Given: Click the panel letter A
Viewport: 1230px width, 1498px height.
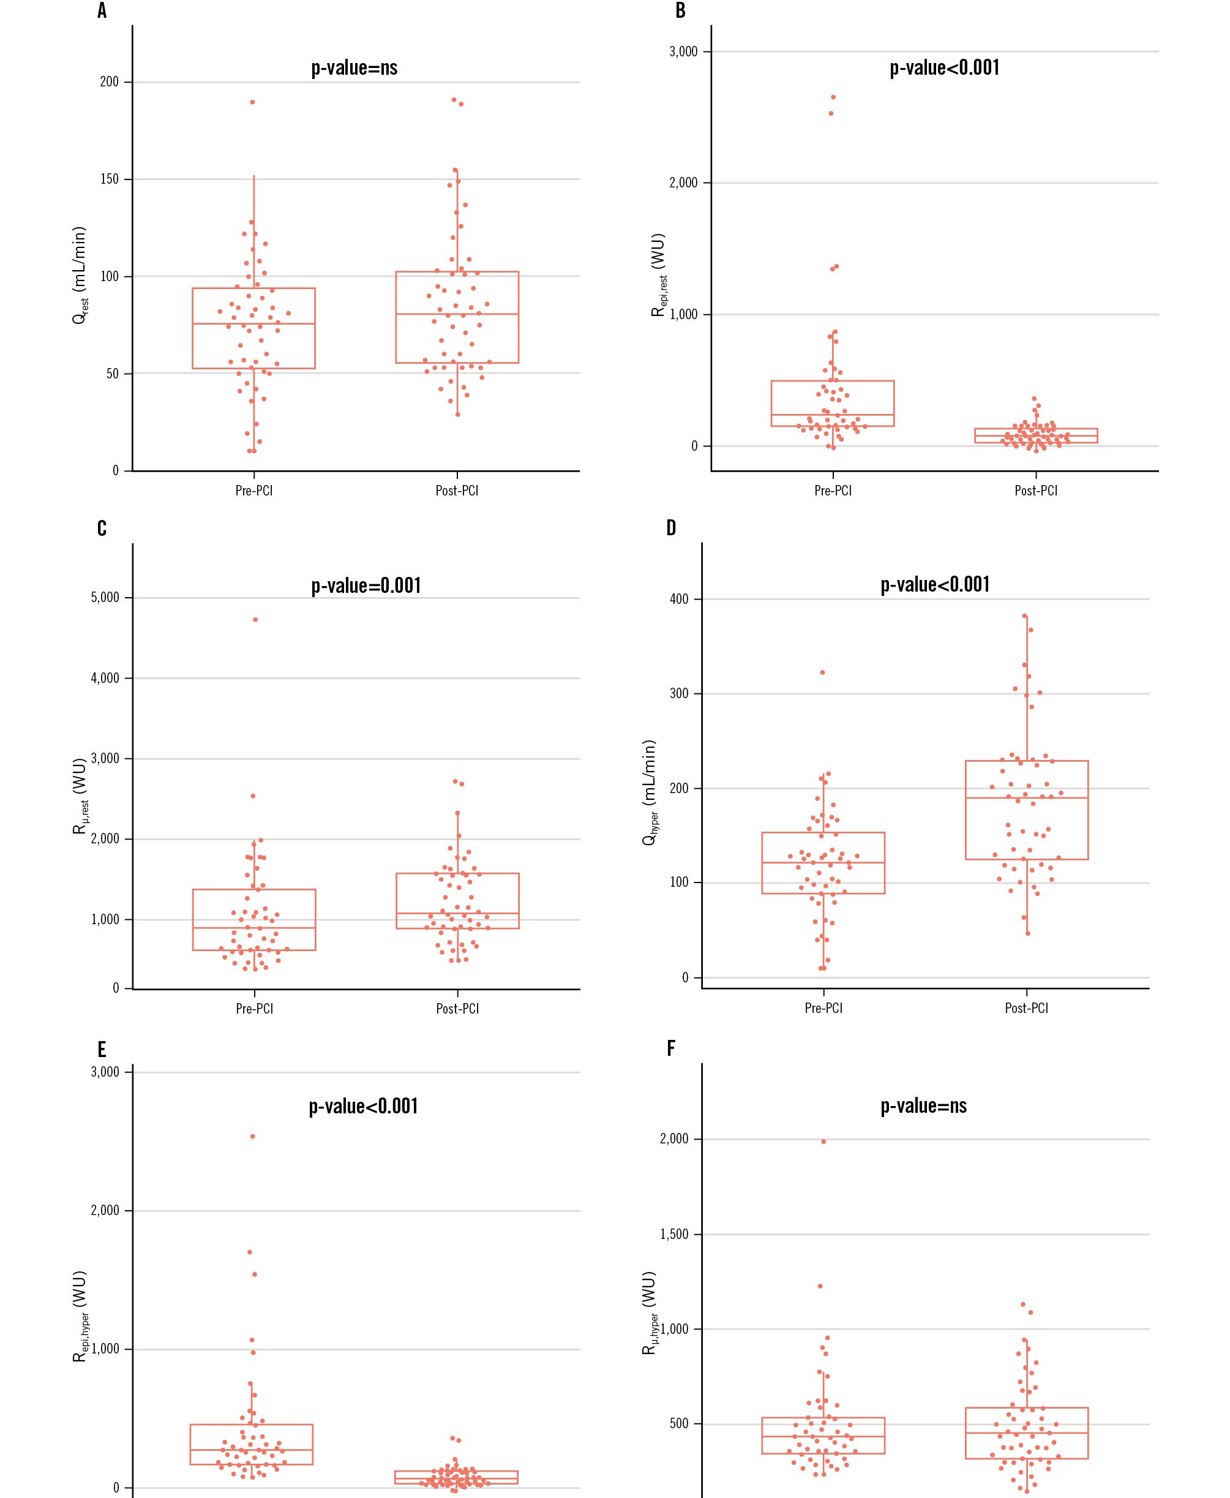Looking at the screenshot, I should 102,12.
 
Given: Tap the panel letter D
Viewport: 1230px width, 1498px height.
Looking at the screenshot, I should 672,528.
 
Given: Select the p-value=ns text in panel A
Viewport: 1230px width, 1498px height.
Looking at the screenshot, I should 354,68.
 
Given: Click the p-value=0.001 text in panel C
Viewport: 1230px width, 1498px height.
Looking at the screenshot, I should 366,585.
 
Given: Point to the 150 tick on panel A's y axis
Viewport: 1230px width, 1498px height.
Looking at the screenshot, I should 109,179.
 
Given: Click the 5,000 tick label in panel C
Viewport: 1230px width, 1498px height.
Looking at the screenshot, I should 105,597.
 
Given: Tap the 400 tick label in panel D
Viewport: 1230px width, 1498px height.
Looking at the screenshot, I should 679,600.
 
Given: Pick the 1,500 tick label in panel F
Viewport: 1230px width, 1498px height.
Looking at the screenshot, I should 674,1235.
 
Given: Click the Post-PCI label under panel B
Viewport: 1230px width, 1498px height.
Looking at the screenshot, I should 1035,491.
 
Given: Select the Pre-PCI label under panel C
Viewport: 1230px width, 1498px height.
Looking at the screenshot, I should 254,1008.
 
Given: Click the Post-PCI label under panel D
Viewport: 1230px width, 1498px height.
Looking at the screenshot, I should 1026,1007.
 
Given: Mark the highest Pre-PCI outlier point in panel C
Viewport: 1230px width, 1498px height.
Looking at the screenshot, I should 255,619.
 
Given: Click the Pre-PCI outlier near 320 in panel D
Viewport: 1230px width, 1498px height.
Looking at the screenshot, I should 823,672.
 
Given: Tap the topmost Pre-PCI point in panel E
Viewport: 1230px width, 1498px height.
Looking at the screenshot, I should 253,1137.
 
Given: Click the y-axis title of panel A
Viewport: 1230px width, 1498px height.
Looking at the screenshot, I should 80,276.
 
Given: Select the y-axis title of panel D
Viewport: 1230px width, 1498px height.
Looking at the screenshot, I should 649,792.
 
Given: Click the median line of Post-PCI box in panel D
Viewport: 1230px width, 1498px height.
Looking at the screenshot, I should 1026,798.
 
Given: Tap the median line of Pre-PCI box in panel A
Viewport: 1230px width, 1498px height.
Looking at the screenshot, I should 253,324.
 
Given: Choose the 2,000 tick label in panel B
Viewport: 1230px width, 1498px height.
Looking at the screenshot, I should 683,183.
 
